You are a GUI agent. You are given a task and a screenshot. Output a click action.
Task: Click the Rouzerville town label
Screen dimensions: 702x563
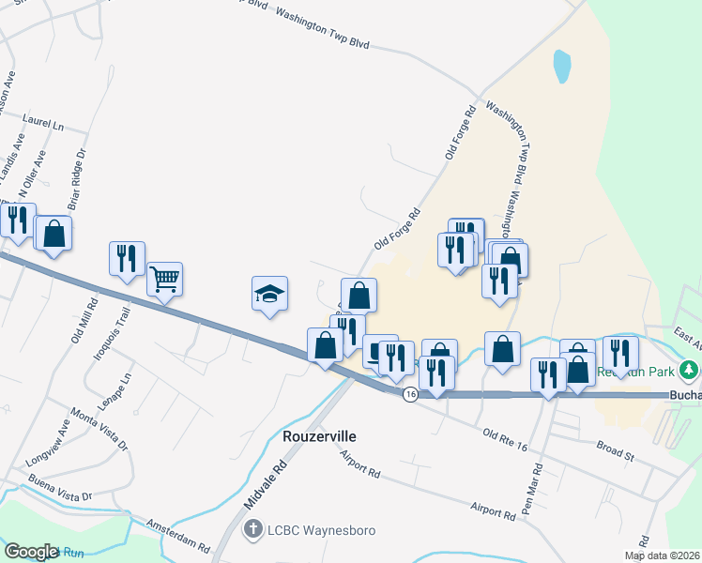click(323, 437)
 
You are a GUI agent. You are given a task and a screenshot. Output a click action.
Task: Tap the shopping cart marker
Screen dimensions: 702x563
click(164, 278)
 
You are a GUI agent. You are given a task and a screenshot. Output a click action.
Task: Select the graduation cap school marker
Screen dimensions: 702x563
click(269, 295)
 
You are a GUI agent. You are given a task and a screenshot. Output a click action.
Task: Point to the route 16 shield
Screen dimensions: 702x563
click(410, 395)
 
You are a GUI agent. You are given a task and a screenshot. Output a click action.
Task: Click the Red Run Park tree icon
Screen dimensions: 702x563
click(690, 371)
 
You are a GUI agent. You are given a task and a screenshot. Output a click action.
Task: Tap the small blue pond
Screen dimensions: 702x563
click(562, 65)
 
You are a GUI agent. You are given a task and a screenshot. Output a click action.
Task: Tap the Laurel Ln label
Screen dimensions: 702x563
click(43, 124)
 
